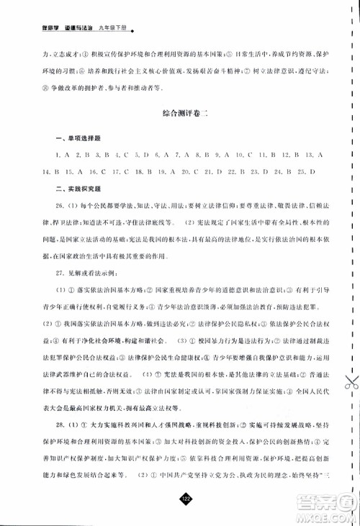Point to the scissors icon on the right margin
348,384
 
